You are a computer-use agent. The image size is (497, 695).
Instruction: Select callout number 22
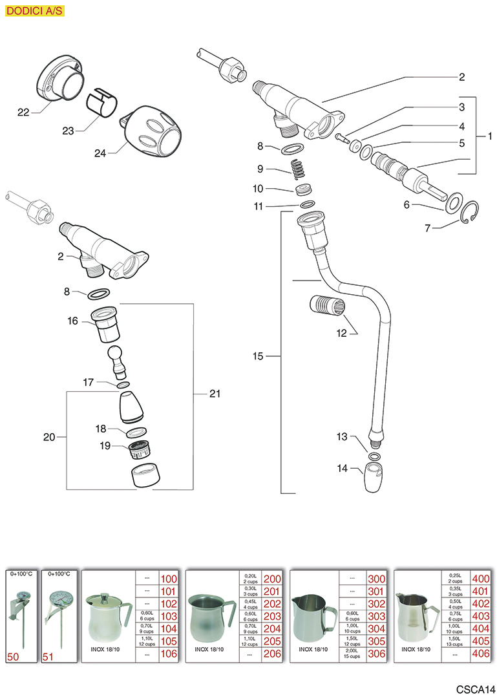[x=24, y=112]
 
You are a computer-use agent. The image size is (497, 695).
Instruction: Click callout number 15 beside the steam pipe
[x=259, y=356]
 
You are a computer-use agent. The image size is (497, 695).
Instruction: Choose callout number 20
[x=49, y=438]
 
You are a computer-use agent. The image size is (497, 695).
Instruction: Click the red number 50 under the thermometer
[x=13, y=656]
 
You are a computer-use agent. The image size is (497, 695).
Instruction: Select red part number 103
[x=168, y=616]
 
